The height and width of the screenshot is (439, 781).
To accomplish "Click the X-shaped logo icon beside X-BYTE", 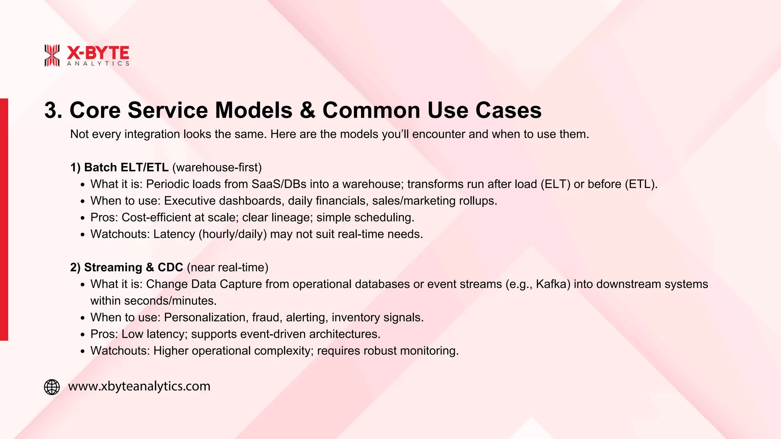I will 52,55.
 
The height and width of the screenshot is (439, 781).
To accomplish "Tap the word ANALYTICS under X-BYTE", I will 98,64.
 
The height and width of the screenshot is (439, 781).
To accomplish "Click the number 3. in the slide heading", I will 53,111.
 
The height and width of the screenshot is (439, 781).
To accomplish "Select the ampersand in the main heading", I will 307,111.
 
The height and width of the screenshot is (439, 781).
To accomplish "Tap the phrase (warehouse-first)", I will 217,167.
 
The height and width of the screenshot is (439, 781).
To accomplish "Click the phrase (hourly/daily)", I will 233,234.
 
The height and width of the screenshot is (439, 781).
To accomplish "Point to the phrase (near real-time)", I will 228,267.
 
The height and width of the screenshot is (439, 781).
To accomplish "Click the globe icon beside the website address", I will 52,387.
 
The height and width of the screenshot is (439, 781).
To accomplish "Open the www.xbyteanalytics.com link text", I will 139,386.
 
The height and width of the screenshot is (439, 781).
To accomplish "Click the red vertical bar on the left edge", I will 4,219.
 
